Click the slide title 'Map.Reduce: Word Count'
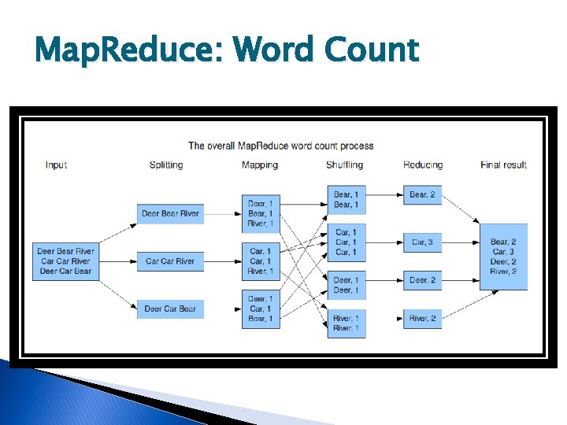227,51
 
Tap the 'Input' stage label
56,165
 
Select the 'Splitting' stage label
165,165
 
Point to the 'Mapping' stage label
260,165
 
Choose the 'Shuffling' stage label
345,165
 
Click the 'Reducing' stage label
423,165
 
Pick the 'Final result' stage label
503,165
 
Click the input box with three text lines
65,261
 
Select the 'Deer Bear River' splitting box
171,213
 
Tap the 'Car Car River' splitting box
171,261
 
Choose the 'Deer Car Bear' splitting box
171,309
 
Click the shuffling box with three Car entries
346,242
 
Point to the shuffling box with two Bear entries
346,200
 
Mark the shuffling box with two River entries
346,323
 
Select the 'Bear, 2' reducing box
423,194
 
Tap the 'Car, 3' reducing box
423,242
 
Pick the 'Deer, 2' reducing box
423,280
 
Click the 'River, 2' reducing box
423,319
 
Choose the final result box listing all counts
503,257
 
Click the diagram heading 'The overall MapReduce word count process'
280,146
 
